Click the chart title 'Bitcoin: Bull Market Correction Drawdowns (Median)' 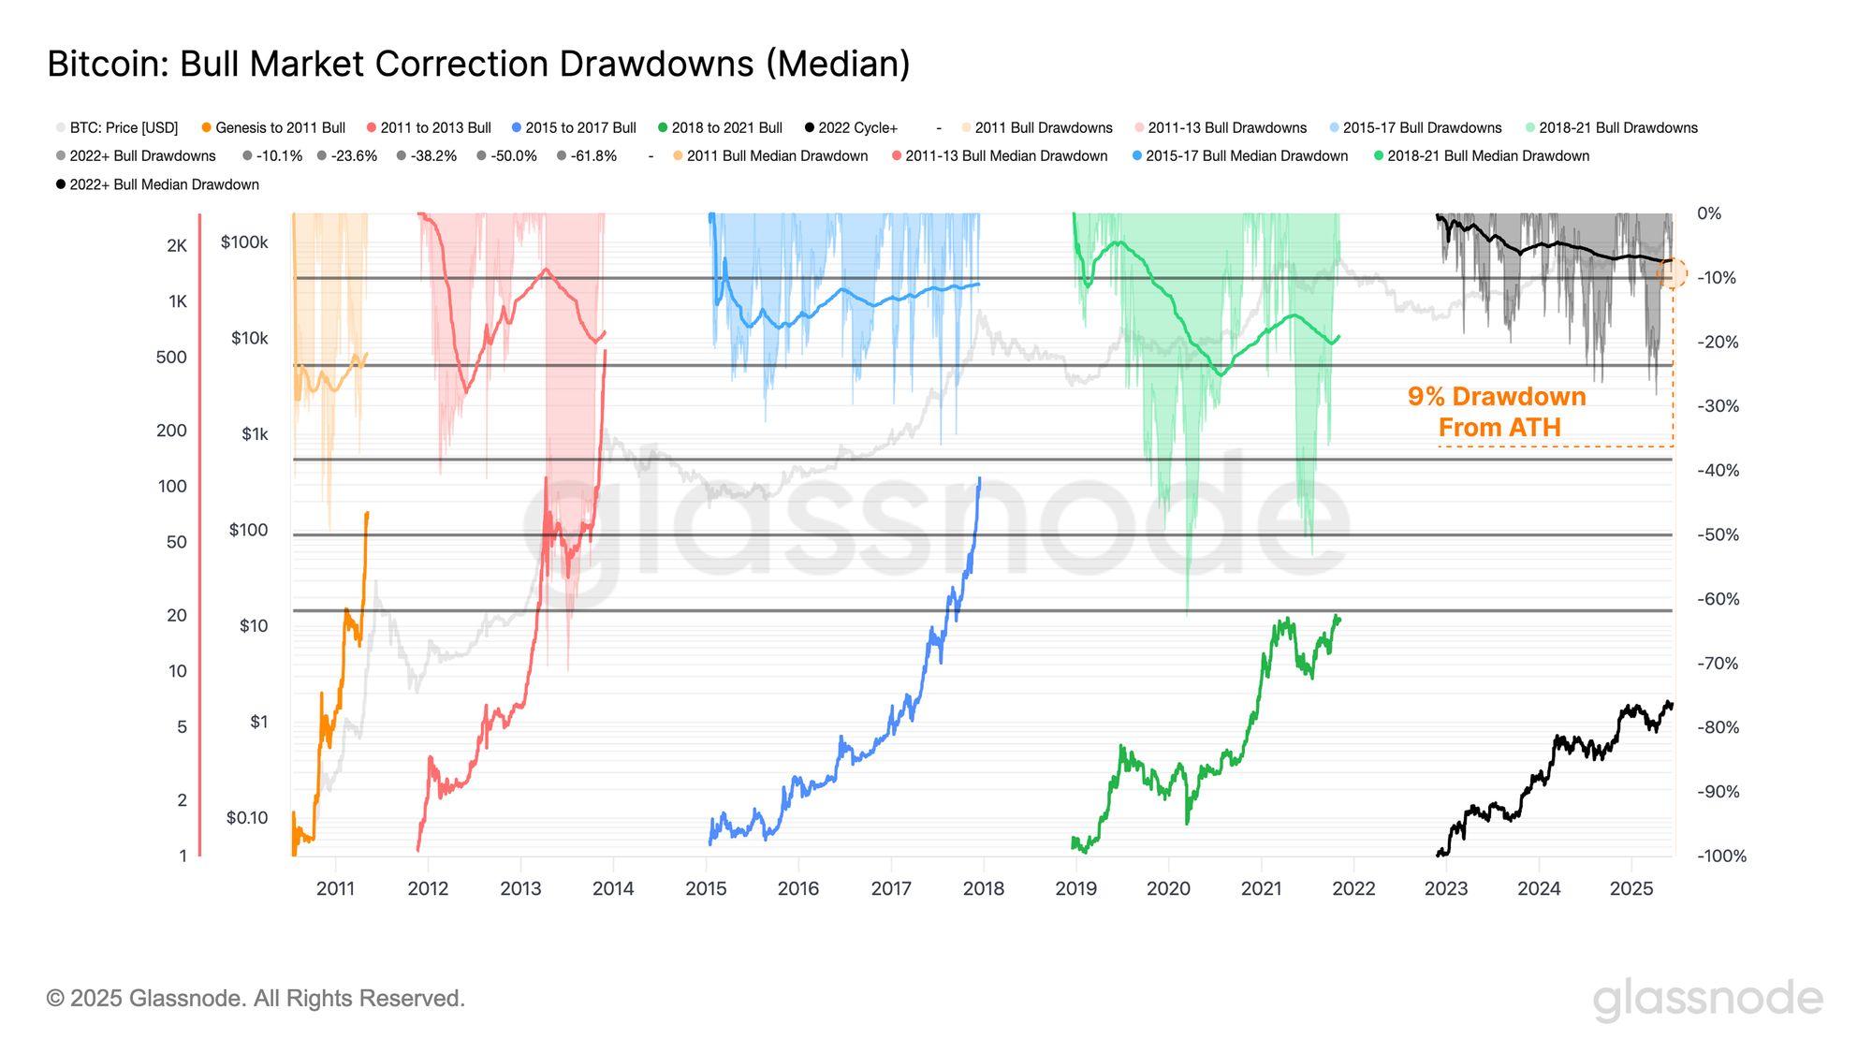(478, 64)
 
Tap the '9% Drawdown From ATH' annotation (1498, 412)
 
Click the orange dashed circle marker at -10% (1672, 274)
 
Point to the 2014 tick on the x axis (613, 888)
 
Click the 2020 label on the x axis (1168, 888)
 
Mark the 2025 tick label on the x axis (1631, 888)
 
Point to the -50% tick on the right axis (1718, 535)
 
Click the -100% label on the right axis (1721, 856)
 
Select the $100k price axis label (244, 242)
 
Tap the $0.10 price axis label (247, 818)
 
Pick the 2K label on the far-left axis (177, 246)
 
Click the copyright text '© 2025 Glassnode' (256, 999)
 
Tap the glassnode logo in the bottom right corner (1708, 1000)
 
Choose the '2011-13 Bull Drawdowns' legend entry (1226, 128)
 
